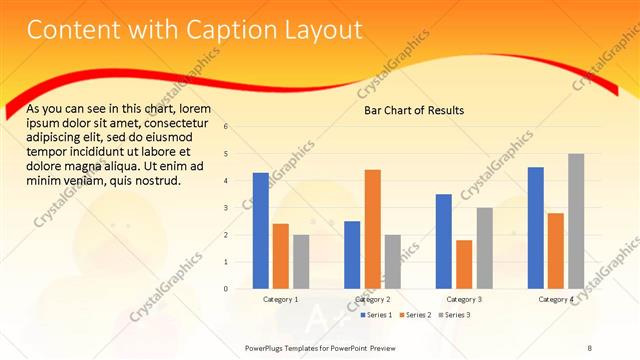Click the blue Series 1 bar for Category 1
[260, 231]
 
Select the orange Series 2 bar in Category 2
[372, 229]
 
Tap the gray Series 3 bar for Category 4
[576, 221]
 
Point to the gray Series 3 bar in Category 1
[301, 262]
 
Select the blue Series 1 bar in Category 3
[444, 241]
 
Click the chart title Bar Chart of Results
[413, 110]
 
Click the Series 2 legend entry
[415, 315]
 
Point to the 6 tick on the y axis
[226, 127]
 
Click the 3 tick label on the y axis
[226, 208]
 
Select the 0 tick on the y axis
[226, 289]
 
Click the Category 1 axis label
[280, 299]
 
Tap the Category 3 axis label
[464, 299]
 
